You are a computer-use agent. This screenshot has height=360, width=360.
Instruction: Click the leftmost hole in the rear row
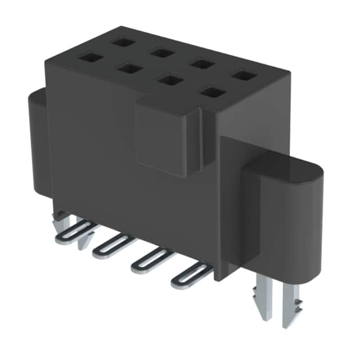click(121, 41)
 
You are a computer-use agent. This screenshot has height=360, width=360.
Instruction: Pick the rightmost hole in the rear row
click(243, 75)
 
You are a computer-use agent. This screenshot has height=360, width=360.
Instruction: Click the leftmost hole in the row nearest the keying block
click(88, 57)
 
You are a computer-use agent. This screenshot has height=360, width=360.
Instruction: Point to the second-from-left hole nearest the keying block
click(129, 69)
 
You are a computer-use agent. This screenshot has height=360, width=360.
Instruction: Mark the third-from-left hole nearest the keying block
click(169, 80)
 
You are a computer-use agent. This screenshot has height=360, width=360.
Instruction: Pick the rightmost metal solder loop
click(192, 273)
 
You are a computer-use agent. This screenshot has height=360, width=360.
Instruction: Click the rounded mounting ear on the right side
click(287, 214)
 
